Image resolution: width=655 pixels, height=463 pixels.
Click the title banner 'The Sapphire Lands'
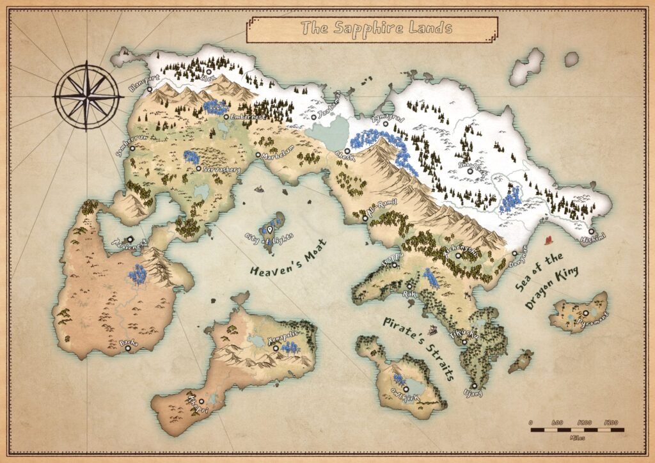click(372, 28)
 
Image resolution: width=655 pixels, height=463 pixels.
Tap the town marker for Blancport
click(150, 90)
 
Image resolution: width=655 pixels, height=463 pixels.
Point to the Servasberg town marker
click(199, 169)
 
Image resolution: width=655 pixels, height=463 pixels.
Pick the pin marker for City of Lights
click(270, 229)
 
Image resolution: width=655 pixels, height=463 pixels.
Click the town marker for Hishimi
click(591, 231)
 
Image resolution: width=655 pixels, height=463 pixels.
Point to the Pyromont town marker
click(585, 313)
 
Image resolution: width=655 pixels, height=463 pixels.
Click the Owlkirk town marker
click(406, 388)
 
